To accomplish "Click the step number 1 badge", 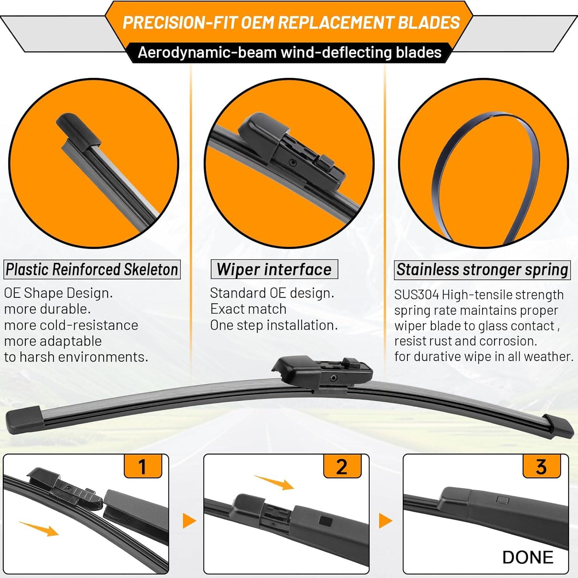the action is tap(143, 466).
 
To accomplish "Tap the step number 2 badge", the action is tap(342, 466).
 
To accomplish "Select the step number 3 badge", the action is tap(541, 466).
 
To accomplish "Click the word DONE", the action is tap(528, 557).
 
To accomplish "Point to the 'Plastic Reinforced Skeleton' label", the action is tap(92, 269).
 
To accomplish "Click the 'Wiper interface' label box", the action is tap(274, 269).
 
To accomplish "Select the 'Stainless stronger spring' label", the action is tap(482, 270).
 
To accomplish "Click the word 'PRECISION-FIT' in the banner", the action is tap(180, 23).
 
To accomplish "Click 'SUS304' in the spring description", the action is tap(416, 295).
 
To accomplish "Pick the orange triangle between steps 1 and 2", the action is tap(189, 521).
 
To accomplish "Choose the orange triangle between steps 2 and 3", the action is tap(385, 521).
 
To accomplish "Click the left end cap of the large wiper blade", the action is tap(23, 420).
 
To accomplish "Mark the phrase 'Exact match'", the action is tap(248, 309).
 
